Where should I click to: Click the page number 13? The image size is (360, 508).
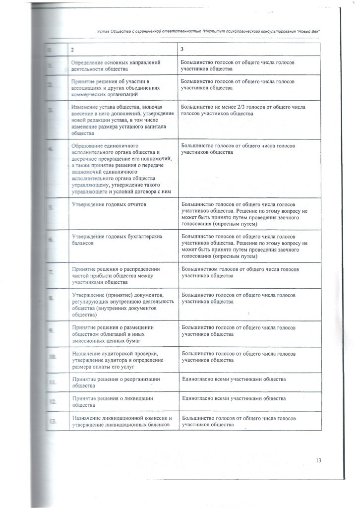tap(318, 460)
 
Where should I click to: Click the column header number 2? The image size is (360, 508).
tap(72, 50)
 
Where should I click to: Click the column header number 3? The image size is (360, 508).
tap(182, 50)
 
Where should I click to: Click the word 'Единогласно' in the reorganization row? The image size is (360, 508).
tap(198, 380)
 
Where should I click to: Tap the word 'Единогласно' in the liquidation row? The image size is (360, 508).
tap(198, 398)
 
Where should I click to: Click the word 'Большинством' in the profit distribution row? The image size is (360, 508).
tap(200, 269)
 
